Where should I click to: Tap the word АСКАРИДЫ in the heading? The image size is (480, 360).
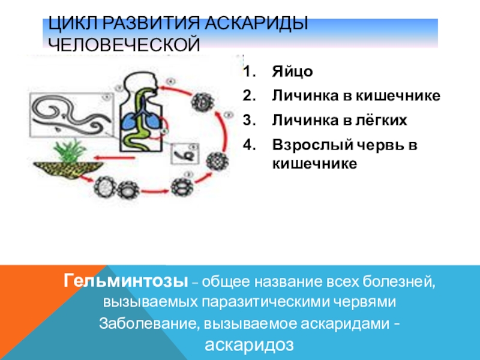(257, 25)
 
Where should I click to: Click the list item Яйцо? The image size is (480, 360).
(292, 72)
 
